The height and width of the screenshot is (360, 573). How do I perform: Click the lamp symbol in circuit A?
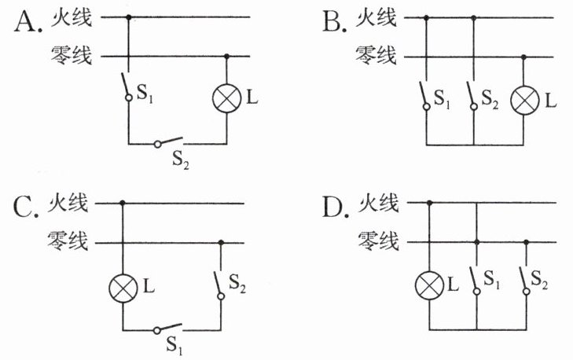226,98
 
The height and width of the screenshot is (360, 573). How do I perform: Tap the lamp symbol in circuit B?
524,101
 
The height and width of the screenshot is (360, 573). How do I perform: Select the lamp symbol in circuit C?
123,288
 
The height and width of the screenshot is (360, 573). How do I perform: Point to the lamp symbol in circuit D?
430,285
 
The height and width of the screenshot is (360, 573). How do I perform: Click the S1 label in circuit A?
145,94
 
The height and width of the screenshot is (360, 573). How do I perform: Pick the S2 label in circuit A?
181,160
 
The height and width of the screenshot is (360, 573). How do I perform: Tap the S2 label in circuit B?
490,99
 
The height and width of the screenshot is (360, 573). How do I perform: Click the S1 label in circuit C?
174,345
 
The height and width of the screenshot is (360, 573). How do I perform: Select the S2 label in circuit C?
237,283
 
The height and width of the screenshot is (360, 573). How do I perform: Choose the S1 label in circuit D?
491,280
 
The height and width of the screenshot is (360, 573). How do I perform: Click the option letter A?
26,21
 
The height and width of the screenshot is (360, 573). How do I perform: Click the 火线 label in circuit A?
72,18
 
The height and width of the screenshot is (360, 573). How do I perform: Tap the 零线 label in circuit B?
376,56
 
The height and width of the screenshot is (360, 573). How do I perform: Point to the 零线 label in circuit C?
68,241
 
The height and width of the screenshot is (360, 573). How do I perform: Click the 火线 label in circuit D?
378,203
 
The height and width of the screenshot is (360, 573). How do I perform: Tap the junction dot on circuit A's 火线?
128,17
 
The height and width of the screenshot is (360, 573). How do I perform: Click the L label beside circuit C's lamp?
149,286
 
